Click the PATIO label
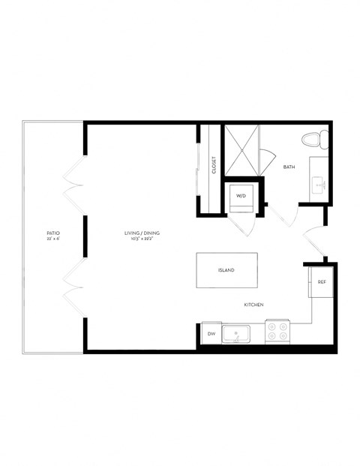coord(52,233)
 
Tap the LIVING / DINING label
coord(142,233)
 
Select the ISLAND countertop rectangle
coord(226,270)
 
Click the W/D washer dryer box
coord(241,196)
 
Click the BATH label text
coord(289,167)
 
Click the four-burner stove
coord(277,332)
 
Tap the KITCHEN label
coord(253,305)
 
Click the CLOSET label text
coord(214,165)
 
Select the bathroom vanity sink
coord(318,182)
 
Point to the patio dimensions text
coord(52,240)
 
